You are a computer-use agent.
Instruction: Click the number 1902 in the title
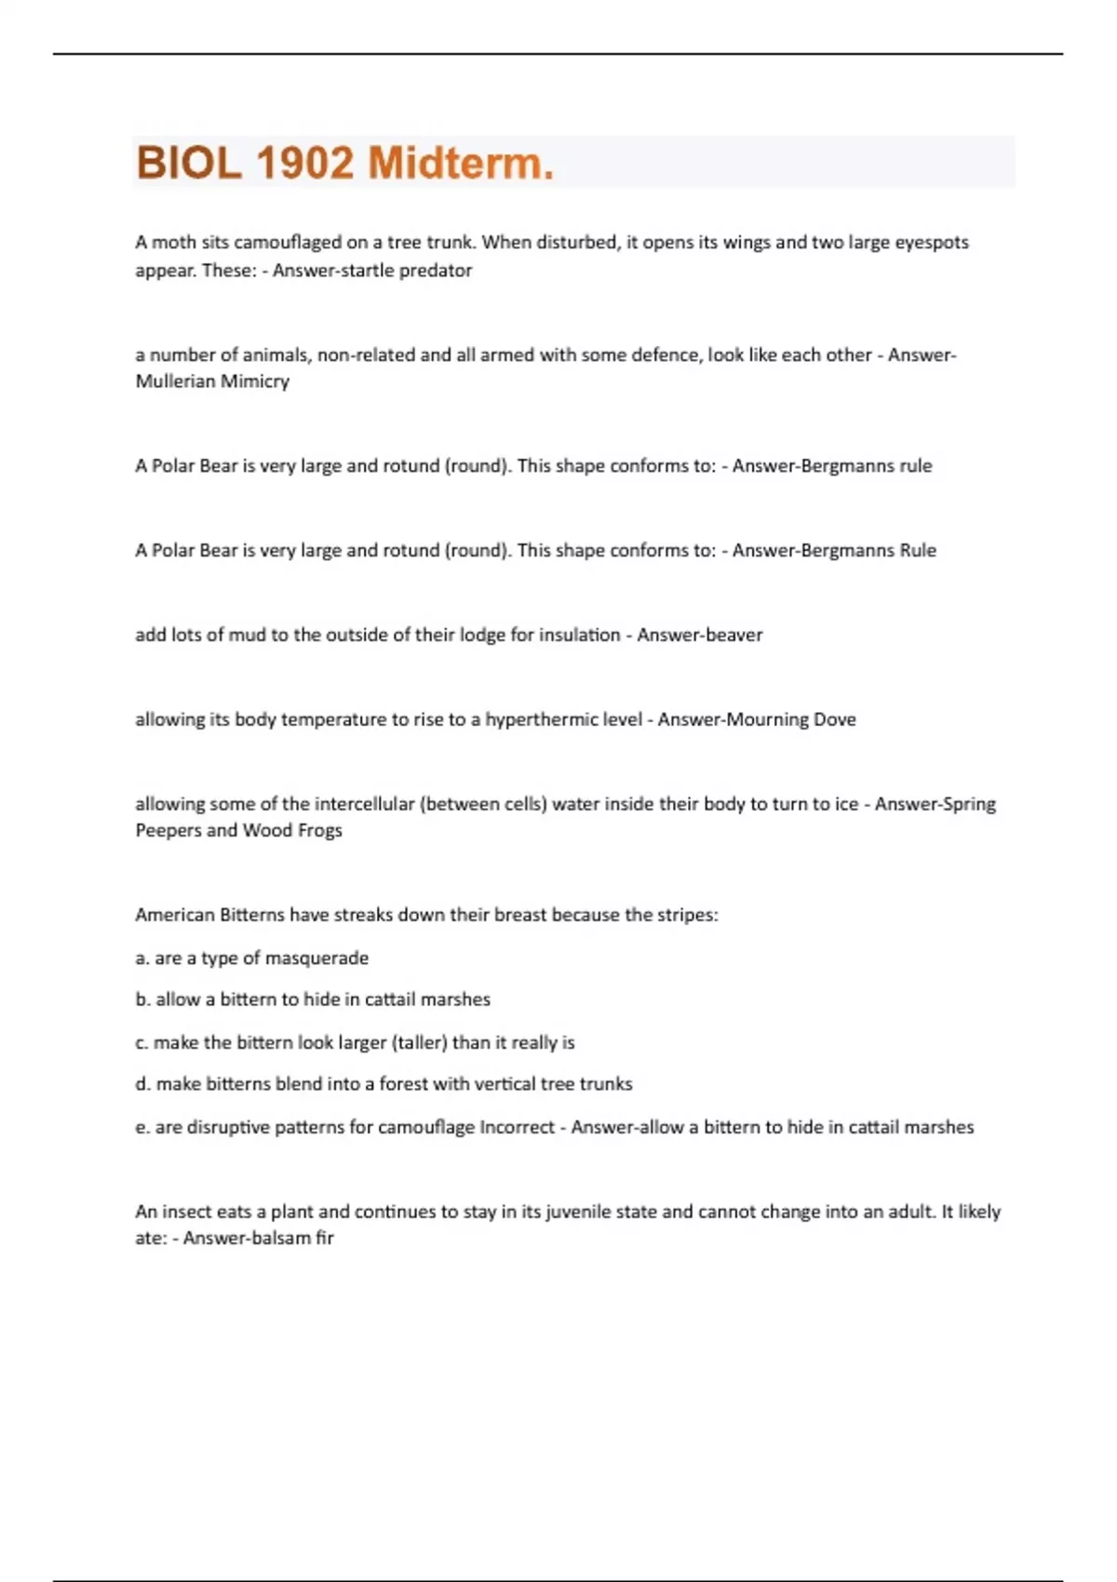(x=304, y=163)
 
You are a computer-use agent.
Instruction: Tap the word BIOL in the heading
(x=189, y=163)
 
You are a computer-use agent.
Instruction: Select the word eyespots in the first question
(x=932, y=242)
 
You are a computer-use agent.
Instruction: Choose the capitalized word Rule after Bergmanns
(x=918, y=550)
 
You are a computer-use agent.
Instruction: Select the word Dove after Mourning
(x=835, y=719)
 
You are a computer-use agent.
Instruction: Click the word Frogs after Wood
(x=320, y=830)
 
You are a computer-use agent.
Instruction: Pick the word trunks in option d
(x=606, y=1084)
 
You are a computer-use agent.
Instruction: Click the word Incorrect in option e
(x=517, y=1127)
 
